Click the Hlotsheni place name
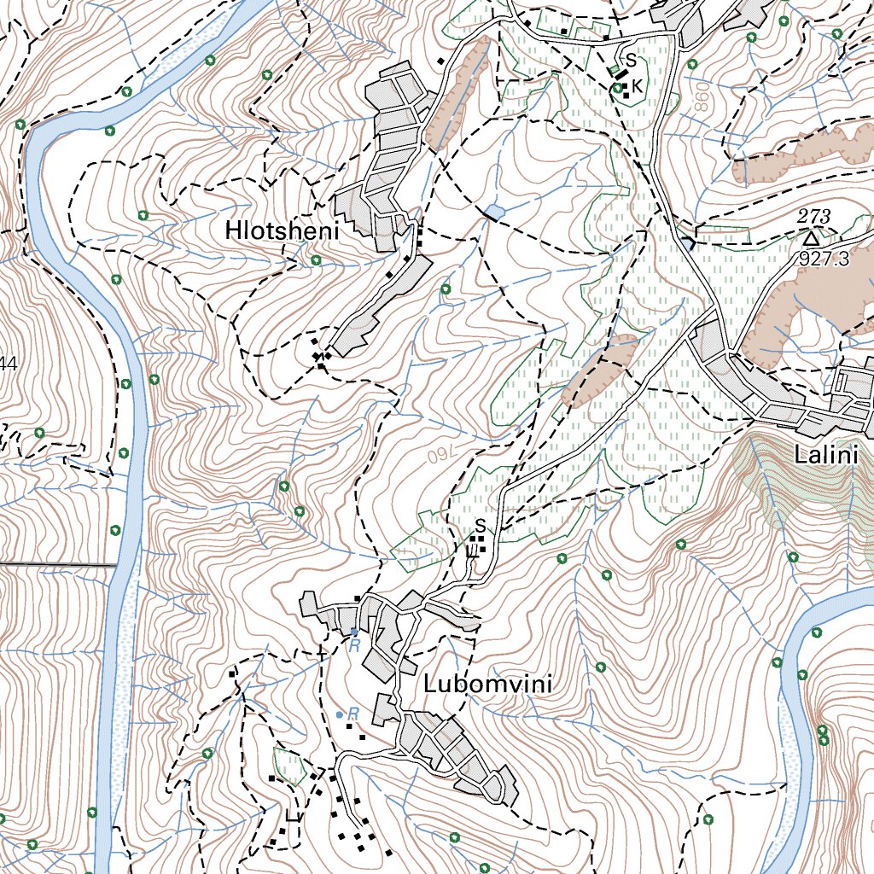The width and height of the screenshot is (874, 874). pyautogui.click(x=283, y=231)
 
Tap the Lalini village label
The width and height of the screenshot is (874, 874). pyautogui.click(x=824, y=455)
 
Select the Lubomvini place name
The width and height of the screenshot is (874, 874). pyautogui.click(x=487, y=685)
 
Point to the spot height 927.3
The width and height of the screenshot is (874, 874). pyautogui.click(x=824, y=259)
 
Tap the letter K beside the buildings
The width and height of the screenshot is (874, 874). pyautogui.click(x=637, y=85)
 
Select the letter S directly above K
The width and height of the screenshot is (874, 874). pyautogui.click(x=631, y=61)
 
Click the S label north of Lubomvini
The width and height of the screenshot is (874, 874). pyautogui.click(x=481, y=525)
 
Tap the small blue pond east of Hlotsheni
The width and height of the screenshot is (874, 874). pyautogui.click(x=493, y=211)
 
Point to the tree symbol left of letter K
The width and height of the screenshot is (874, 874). pyautogui.click(x=616, y=87)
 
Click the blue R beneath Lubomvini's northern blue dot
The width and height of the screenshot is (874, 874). pyautogui.click(x=354, y=646)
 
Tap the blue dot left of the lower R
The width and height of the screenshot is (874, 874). pyautogui.click(x=340, y=714)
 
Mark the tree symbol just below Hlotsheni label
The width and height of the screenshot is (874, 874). pyautogui.click(x=316, y=259)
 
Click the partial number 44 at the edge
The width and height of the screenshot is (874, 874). pyautogui.click(x=9, y=364)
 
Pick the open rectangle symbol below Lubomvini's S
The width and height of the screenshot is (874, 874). pyautogui.click(x=471, y=551)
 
